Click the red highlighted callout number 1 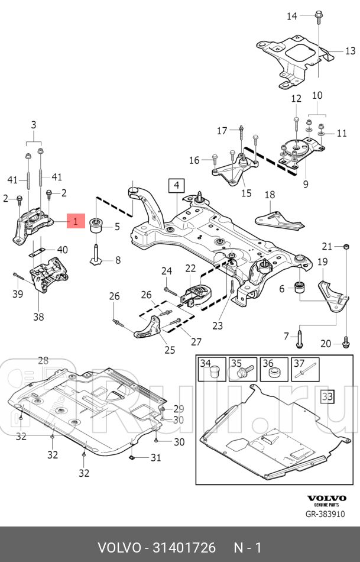[x=75, y=221]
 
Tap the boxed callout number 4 [x=177, y=186]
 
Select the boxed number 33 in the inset [x=327, y=396]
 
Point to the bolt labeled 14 [x=318, y=17]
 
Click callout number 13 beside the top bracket [x=350, y=51]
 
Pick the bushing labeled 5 [x=96, y=225]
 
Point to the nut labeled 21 [x=346, y=247]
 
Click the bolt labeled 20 [x=346, y=342]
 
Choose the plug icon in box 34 [x=214, y=372]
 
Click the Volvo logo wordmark [x=327, y=498]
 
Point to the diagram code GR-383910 [x=325, y=514]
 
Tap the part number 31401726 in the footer [x=184, y=548]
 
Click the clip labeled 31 [x=131, y=457]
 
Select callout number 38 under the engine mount [x=38, y=317]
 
